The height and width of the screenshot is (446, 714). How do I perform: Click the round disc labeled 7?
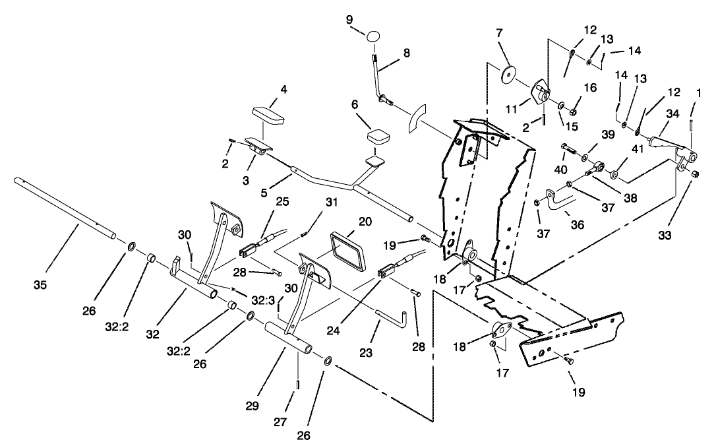tap(508, 74)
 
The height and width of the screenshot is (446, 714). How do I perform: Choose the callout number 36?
tap(577, 224)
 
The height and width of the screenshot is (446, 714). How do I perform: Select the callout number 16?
tap(590, 87)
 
